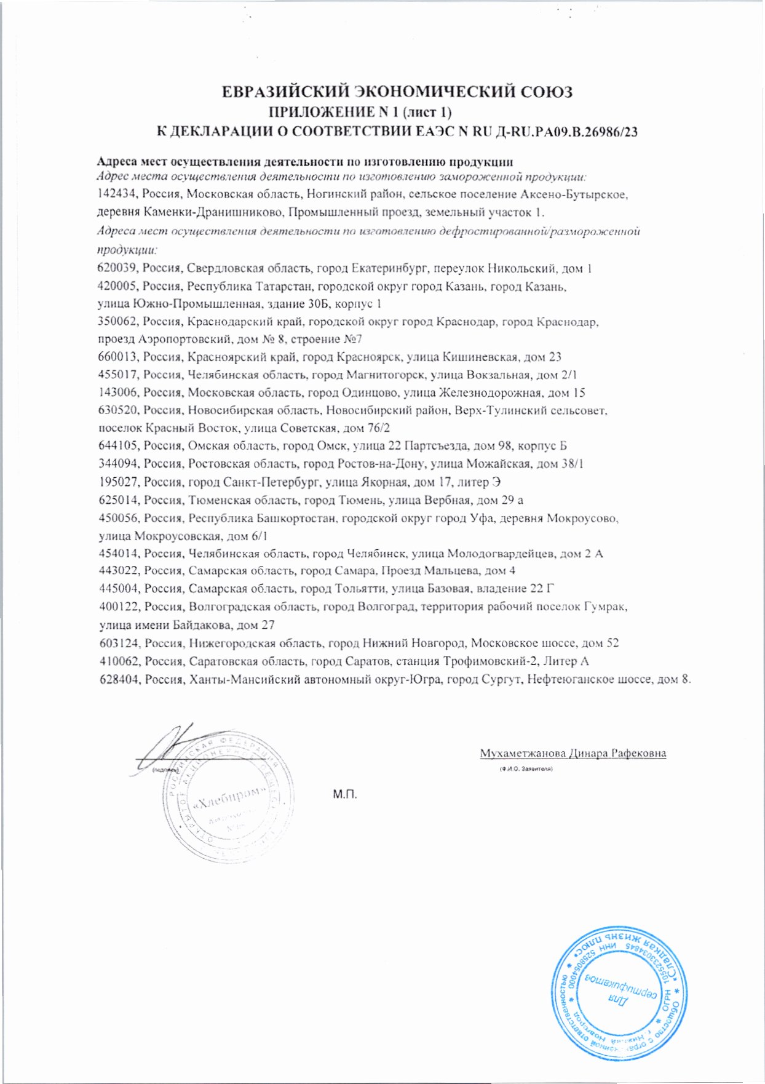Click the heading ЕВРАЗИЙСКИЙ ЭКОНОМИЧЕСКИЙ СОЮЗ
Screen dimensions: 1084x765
point(397,92)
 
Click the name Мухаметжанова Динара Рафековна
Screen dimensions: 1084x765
point(573,753)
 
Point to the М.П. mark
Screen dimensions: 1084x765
point(345,794)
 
